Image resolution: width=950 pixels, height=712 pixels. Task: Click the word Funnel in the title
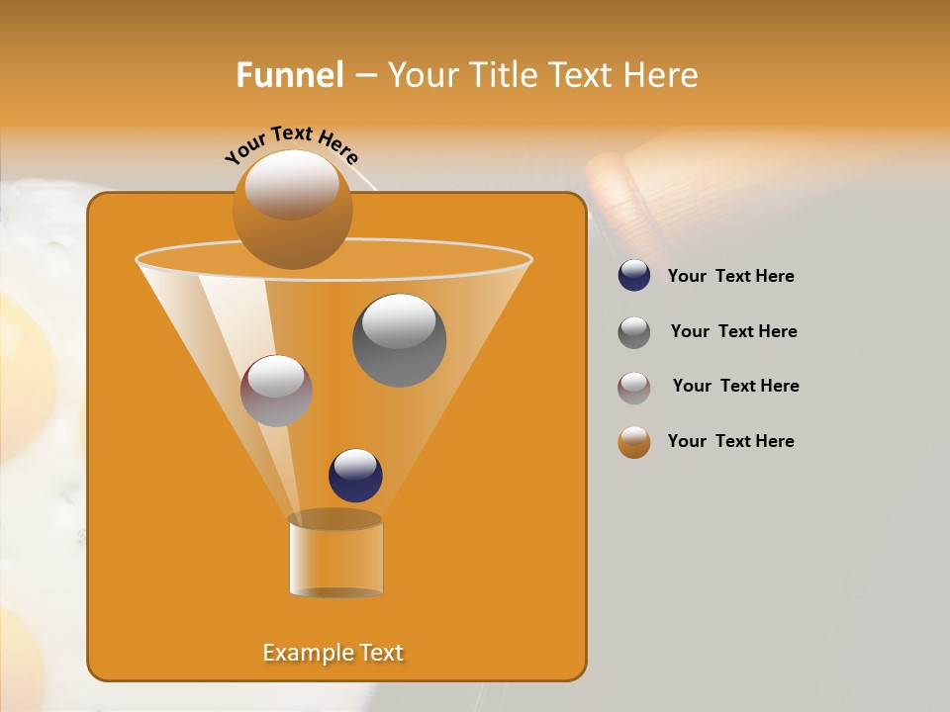[290, 75]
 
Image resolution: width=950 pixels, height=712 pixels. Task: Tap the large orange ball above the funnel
[292, 213]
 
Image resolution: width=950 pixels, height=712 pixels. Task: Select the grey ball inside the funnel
[399, 340]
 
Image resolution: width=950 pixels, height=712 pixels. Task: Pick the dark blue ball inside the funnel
[355, 476]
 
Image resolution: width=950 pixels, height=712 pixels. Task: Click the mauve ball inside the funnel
[276, 391]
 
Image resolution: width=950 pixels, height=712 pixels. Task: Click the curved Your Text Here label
[292, 143]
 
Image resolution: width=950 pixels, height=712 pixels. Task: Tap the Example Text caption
[333, 653]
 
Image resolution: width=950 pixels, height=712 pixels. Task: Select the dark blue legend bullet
[634, 276]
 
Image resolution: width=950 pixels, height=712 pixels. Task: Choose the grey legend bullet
[634, 331]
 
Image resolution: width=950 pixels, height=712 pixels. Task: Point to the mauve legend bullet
[634, 387]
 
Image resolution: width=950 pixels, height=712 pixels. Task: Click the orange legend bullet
[634, 441]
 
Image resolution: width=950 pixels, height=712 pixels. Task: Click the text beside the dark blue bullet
[730, 276]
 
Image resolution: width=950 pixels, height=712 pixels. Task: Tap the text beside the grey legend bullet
[733, 331]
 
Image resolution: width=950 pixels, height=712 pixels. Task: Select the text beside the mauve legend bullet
[735, 386]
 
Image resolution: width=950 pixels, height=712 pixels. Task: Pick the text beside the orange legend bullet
[730, 441]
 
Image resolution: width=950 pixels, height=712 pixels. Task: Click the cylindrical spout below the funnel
[335, 557]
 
